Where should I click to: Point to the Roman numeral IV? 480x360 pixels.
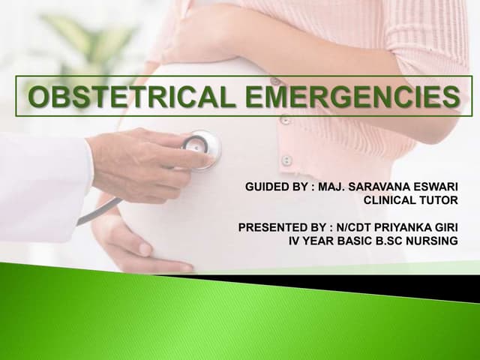pyautogui.click(x=295, y=241)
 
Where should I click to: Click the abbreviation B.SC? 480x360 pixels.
pyautogui.click(x=382, y=241)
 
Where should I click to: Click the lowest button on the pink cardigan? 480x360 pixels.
pyautogui.click(x=286, y=160)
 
